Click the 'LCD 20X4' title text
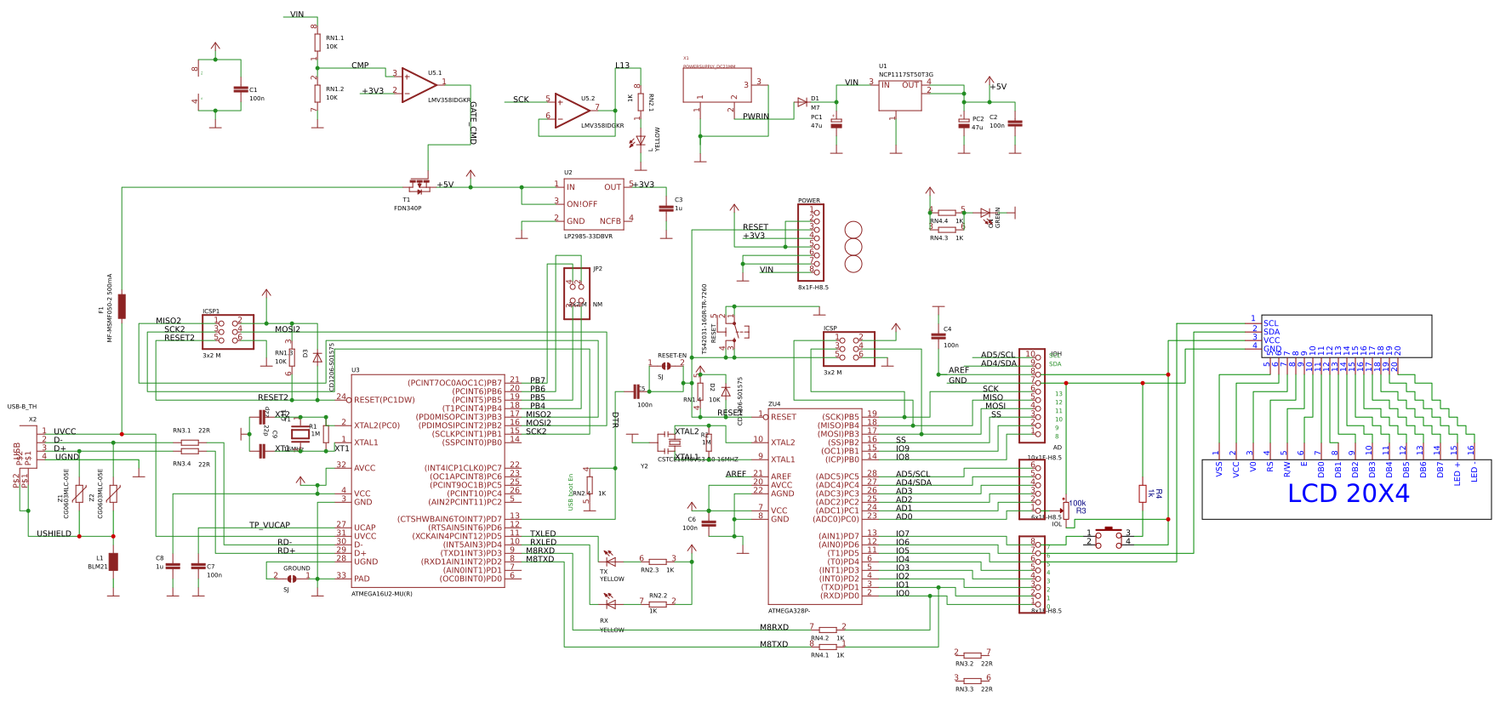point(1348,494)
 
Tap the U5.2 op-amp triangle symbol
point(571,111)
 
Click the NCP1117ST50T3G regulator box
point(900,95)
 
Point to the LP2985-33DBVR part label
point(588,237)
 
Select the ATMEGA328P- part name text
point(789,611)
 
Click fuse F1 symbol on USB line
point(122,306)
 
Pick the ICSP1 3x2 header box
point(228,332)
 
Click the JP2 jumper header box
point(576,294)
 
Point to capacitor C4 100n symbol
point(938,335)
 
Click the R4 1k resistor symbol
point(1143,494)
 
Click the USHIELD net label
point(54,534)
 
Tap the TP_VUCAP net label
point(269,525)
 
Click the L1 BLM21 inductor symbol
point(113,562)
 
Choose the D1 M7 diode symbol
point(802,102)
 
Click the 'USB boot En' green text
point(571,492)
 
